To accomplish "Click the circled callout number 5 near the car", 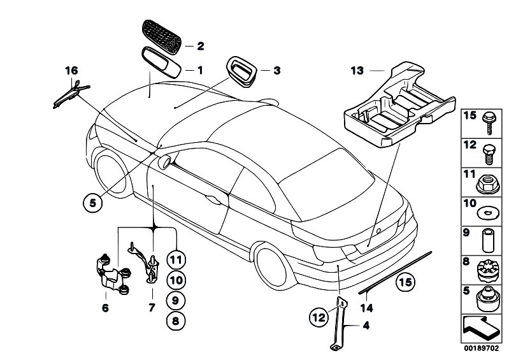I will click(x=92, y=203).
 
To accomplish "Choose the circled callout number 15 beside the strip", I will click(x=406, y=280).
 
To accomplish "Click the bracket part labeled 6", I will click(x=111, y=275).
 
